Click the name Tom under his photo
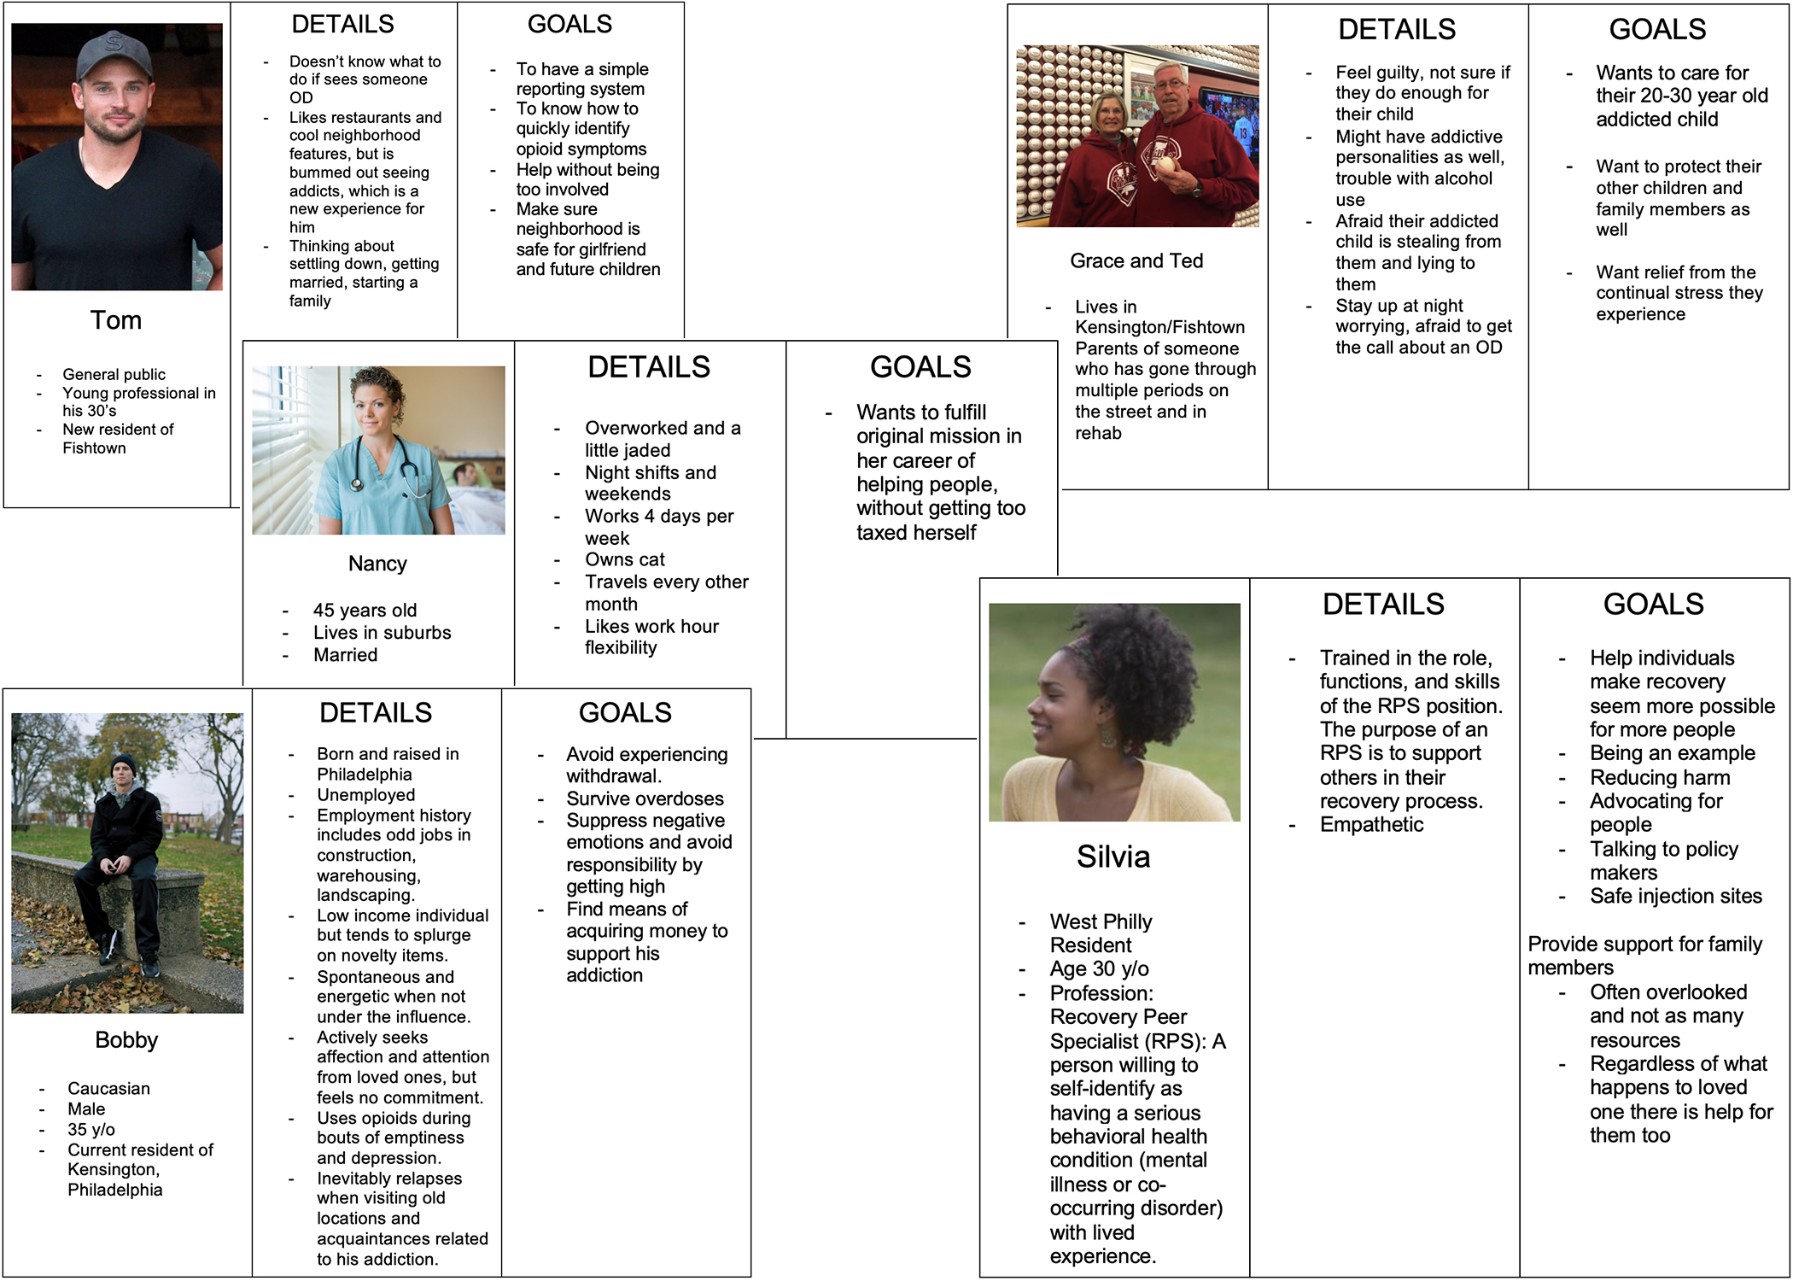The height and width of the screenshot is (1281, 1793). pos(116,320)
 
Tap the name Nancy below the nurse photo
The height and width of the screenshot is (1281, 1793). pos(377,564)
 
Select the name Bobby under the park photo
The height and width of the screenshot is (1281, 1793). pos(126,1040)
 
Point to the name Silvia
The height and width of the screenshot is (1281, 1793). pos(1113,857)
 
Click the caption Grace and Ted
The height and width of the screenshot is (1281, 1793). pos(1136,261)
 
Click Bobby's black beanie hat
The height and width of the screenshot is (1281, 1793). pos(124,763)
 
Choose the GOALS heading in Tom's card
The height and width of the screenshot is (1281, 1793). pos(569,24)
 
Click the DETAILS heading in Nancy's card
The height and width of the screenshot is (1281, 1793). pos(649,367)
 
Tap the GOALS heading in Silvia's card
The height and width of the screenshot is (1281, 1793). pos(1653,605)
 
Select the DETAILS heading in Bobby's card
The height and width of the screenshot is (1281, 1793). pos(376,712)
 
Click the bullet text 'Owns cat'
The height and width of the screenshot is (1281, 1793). pos(625,560)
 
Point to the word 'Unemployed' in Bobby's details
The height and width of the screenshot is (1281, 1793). pos(366,795)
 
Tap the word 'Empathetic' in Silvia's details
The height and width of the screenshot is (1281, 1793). pos(1371,825)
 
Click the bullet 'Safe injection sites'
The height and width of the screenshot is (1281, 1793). pos(1675,897)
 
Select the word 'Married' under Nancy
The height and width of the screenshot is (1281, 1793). pos(345,655)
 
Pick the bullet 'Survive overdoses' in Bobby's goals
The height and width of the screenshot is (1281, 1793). pos(645,799)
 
